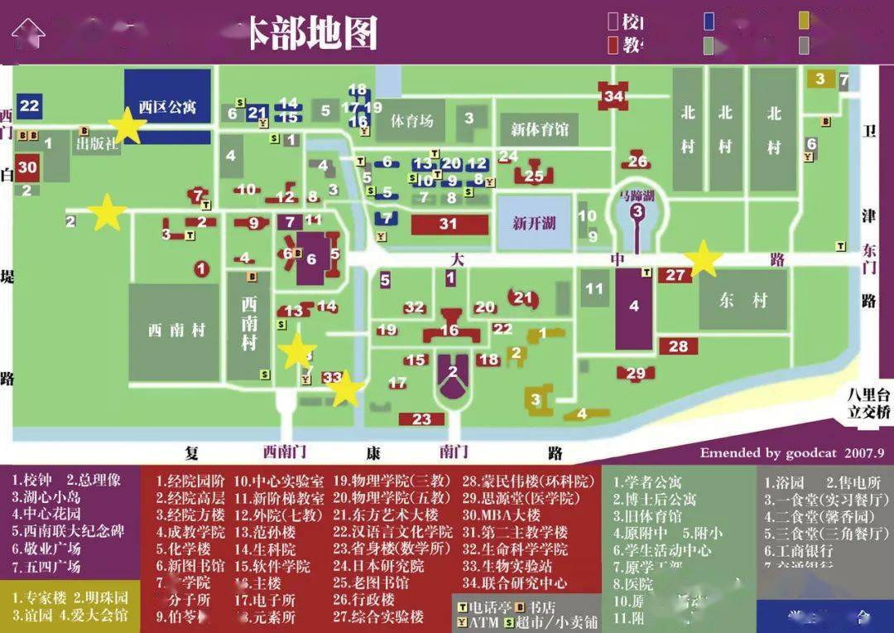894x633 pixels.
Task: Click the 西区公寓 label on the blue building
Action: click(167, 107)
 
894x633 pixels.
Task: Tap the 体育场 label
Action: click(411, 121)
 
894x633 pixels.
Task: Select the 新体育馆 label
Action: click(540, 129)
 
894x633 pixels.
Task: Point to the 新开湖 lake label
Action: click(534, 223)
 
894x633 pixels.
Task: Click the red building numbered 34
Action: click(613, 95)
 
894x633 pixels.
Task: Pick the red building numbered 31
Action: click(448, 223)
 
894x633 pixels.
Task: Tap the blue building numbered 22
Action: click(29, 105)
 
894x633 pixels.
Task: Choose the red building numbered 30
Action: click(27, 167)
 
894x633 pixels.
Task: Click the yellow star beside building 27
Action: click(704, 259)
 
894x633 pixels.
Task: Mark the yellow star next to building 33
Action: click(346, 389)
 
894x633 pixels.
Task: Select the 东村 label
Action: click(742, 301)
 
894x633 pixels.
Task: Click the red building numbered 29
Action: click(636, 374)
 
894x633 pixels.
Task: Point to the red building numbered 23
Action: click(422, 418)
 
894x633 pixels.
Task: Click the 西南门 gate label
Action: click(284, 452)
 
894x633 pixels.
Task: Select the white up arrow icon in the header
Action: click(28, 33)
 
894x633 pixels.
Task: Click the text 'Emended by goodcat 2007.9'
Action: click(792, 453)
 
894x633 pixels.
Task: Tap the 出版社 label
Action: click(98, 143)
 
